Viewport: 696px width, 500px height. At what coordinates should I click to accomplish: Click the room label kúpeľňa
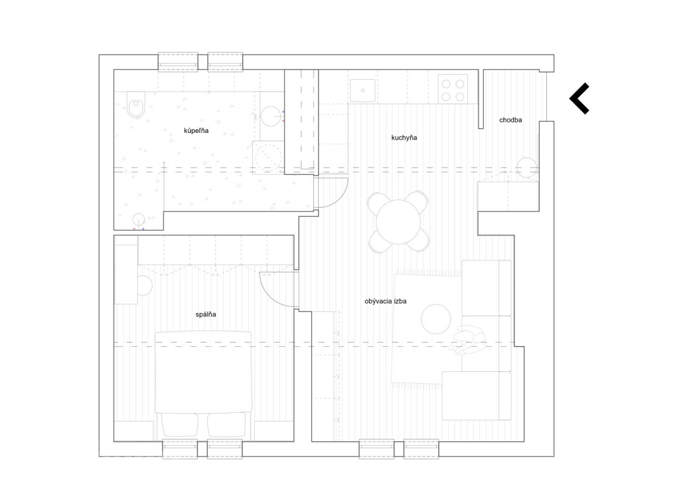click(x=196, y=131)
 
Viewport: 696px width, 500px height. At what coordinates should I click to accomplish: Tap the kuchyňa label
click(x=404, y=137)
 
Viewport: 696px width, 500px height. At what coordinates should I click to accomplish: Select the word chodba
click(x=511, y=120)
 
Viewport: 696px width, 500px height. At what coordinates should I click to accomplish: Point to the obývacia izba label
click(x=385, y=301)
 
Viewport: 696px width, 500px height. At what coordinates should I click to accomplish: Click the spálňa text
click(x=206, y=314)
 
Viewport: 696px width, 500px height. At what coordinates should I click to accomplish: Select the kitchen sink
click(x=363, y=91)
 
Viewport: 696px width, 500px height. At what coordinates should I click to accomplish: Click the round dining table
click(x=398, y=222)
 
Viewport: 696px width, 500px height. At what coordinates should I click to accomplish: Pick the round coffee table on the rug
click(x=436, y=319)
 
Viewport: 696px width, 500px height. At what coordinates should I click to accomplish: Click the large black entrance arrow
click(x=579, y=98)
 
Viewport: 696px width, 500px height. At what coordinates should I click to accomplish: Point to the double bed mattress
click(x=203, y=372)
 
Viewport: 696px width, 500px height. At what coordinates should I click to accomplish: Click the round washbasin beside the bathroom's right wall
click(x=271, y=116)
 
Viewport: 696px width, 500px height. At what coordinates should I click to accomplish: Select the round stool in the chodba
click(x=527, y=168)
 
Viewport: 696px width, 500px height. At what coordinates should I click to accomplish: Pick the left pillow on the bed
click(x=179, y=425)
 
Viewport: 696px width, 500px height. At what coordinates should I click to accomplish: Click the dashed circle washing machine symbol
click(x=268, y=157)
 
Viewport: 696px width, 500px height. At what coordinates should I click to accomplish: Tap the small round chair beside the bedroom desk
click(x=144, y=285)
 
